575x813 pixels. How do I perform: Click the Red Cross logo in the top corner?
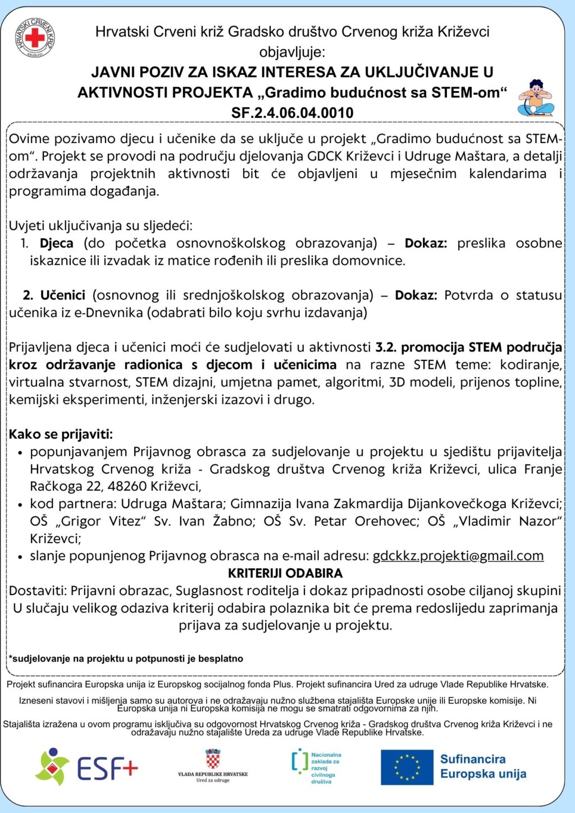point(35,38)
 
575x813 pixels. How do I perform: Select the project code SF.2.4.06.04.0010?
point(292,112)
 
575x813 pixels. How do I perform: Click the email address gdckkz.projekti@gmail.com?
point(458,556)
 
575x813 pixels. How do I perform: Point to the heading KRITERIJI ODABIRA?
point(285,573)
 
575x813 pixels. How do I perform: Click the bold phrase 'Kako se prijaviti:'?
point(61,434)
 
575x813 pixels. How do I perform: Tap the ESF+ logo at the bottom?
point(86,767)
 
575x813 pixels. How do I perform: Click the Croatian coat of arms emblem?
point(213,759)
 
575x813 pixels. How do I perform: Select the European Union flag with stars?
point(407,767)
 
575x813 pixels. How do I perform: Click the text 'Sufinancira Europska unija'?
point(483,767)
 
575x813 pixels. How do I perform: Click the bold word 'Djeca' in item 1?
point(57,243)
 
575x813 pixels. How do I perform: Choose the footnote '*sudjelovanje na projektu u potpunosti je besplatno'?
point(126,659)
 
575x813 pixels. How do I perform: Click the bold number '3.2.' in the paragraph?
point(386,348)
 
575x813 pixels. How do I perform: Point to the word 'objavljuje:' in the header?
point(292,52)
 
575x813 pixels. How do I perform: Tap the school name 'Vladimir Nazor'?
point(507,521)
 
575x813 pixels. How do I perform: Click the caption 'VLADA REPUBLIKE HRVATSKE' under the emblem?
point(213,774)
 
